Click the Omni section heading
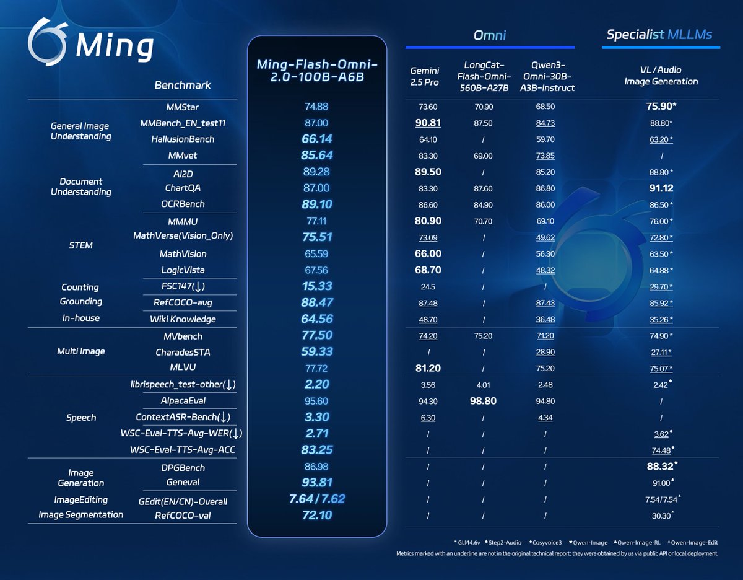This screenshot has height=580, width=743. (490, 35)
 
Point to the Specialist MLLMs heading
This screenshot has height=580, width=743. (661, 35)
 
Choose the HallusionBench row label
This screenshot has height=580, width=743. (182, 139)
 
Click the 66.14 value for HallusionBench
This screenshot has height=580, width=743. (316, 139)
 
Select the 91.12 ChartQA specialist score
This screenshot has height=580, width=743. (661, 188)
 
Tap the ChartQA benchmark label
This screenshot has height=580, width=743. (182, 188)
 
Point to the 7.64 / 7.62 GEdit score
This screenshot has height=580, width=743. (316, 499)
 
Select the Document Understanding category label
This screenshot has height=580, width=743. (81, 187)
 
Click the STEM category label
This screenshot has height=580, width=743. (81, 245)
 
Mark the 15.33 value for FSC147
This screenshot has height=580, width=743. (316, 286)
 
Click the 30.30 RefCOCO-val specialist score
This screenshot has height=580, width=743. (661, 515)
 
